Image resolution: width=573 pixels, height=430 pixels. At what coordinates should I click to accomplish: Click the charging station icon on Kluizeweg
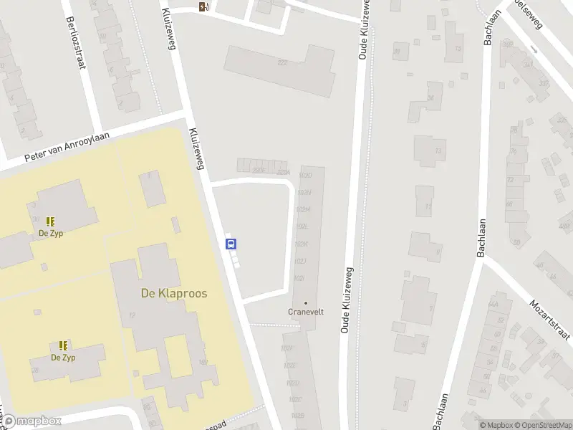pos(204,7)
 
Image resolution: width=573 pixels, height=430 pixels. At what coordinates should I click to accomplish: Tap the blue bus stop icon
pos(231,244)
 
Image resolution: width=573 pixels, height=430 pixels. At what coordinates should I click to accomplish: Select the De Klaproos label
pos(173,293)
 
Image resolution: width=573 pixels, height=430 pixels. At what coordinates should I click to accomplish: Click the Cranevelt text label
pos(306,312)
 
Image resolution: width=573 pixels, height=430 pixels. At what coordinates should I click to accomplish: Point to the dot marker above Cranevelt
pos(306,302)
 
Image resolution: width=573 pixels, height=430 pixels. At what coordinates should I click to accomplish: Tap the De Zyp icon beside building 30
pos(50,222)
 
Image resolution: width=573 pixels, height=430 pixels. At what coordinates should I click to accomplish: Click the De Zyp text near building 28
pos(63,357)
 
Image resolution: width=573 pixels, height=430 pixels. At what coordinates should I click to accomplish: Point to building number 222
pos(282,63)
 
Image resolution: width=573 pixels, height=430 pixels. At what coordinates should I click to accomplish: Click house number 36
pos(430,97)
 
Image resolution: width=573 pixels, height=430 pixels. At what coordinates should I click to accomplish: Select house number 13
pos(438,151)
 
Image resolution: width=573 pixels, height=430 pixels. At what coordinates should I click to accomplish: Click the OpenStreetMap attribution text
pos(544,425)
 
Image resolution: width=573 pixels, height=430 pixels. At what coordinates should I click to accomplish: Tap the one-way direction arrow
pos(534,50)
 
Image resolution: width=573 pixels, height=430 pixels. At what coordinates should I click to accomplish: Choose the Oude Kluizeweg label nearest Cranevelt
pos(348,301)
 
